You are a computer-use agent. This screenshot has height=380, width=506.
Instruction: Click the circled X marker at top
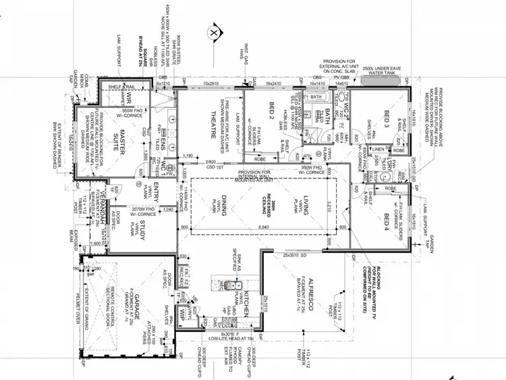(214, 32)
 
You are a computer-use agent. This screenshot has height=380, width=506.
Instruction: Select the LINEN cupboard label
(378, 149)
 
